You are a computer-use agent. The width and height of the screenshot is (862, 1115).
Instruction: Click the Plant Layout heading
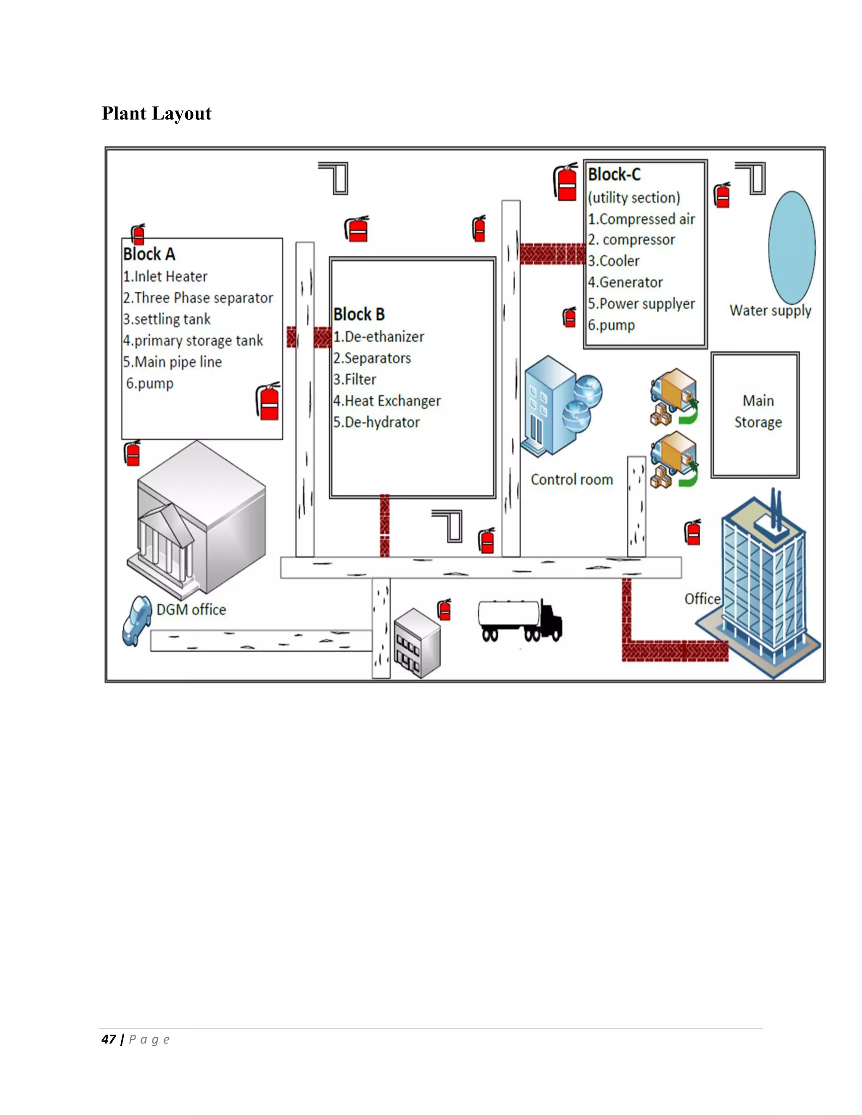(156, 113)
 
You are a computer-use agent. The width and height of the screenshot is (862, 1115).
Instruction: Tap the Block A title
(149, 254)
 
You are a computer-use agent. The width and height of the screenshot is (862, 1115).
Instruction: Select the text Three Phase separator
(203, 297)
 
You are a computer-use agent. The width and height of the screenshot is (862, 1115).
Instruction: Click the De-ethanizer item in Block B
(384, 337)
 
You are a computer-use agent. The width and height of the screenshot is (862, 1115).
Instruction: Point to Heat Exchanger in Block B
(392, 401)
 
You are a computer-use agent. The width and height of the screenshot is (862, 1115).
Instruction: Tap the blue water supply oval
(792, 247)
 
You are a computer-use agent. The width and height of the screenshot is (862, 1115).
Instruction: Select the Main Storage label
(758, 411)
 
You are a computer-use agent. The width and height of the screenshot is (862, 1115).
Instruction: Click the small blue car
(136, 620)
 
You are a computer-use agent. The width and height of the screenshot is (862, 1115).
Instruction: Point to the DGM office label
(191, 610)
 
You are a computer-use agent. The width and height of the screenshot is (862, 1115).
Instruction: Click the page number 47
(108, 1039)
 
